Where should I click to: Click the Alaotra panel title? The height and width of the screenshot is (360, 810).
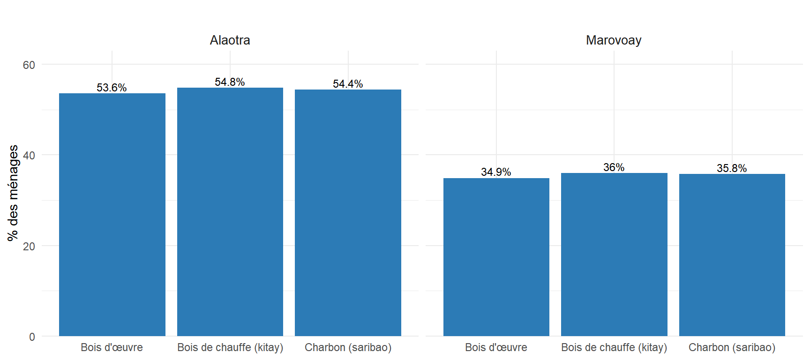click(x=230, y=40)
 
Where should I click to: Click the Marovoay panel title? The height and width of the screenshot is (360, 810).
click(x=614, y=40)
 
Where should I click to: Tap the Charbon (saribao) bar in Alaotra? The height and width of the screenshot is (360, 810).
click(x=348, y=213)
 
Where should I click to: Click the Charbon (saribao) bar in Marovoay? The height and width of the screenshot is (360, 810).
click(x=732, y=255)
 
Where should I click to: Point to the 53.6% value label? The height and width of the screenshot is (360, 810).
click(x=112, y=88)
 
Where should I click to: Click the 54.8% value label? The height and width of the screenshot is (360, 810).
click(x=230, y=82)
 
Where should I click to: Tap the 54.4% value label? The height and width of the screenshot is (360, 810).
click(x=348, y=84)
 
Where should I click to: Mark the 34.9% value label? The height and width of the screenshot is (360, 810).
click(x=496, y=172)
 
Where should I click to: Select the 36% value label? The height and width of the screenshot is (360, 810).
click(x=614, y=167)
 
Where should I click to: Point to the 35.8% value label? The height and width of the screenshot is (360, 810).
click(x=732, y=168)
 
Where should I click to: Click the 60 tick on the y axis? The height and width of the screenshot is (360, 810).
click(x=29, y=65)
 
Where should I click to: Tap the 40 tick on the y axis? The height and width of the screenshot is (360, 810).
click(x=29, y=156)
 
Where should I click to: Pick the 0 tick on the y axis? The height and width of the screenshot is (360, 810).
click(x=32, y=337)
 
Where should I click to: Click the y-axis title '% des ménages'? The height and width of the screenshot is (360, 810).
click(x=13, y=193)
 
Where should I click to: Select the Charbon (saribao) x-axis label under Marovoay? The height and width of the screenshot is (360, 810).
click(x=732, y=347)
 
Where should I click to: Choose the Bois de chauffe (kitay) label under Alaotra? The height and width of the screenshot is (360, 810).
click(x=230, y=347)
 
